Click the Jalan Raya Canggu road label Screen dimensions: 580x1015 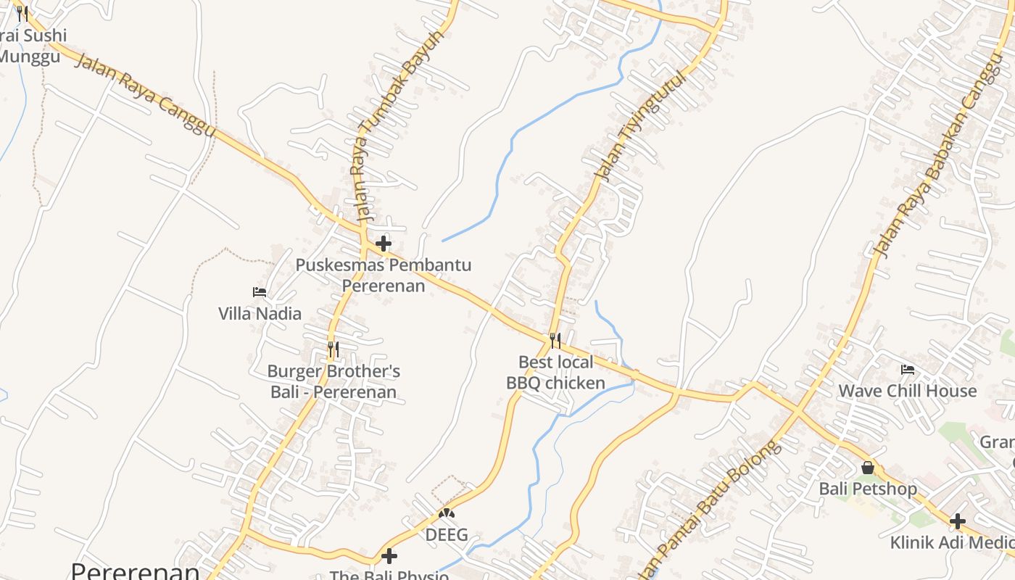pos(146,94)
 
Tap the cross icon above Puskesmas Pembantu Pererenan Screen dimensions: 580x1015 pos(384,244)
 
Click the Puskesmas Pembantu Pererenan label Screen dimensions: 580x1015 pos(383,275)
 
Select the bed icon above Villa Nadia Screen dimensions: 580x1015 pos(260,292)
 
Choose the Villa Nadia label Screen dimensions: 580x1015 pos(260,314)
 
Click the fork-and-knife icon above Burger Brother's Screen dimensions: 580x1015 pos(333,349)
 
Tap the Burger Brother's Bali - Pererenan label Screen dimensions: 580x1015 pos(333,382)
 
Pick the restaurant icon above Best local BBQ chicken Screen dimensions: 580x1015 pos(555,340)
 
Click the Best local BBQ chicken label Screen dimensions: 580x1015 pos(555,373)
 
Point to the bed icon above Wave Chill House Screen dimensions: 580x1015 pos(907,370)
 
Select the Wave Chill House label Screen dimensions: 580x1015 pos(907,391)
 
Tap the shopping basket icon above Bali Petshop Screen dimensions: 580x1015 pos(868,468)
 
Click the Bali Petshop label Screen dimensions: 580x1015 pos(868,489)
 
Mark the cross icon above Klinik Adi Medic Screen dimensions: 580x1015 pos(958,521)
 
